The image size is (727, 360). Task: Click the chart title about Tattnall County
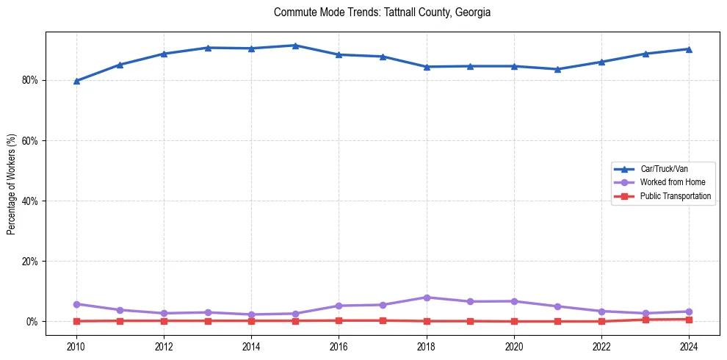382,12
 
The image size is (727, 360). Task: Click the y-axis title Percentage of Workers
11,184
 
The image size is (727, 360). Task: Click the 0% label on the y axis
32,322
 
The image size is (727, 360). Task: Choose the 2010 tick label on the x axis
76,345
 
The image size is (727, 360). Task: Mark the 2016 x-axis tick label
339,345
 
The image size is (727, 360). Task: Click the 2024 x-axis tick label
689,345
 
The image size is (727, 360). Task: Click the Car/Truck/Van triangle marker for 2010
76,81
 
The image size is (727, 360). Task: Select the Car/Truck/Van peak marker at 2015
295,46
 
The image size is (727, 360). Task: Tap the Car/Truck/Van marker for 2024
689,49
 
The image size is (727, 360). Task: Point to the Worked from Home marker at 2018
427,298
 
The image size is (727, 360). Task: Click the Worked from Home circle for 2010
76,304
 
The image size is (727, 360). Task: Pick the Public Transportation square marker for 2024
689,320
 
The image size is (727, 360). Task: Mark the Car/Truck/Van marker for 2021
557,69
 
